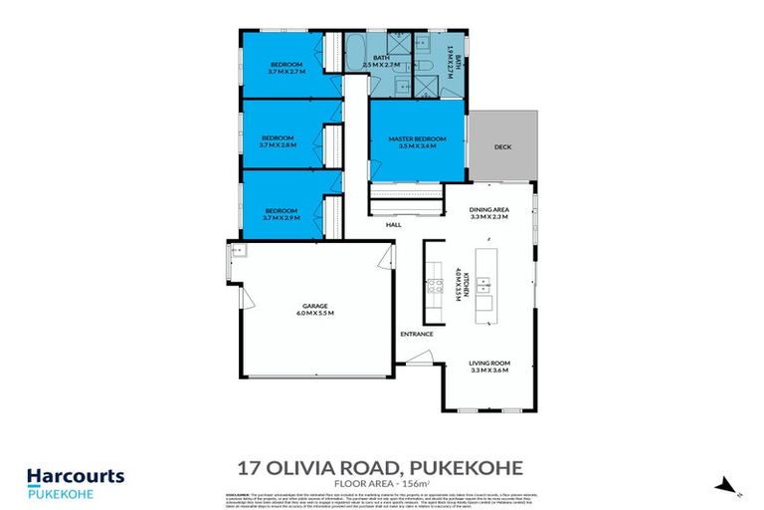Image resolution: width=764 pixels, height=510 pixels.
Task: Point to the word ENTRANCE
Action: [417, 334]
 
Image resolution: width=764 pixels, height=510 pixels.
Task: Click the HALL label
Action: [394, 225]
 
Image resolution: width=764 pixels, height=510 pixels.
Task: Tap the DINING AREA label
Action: [488, 209]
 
